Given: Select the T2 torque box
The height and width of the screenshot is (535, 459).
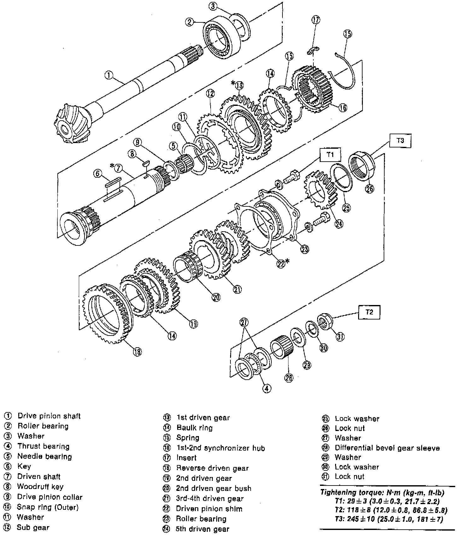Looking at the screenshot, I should tap(369, 312).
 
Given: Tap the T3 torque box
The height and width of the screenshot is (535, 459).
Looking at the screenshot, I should tap(400, 141).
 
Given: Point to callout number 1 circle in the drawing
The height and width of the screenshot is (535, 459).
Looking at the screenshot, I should tap(108, 75).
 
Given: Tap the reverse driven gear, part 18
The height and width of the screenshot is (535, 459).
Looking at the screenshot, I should tap(107, 315).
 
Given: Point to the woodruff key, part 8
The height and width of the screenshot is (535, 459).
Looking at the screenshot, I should tap(146, 163).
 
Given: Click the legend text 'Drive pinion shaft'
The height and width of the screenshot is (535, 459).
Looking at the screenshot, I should tap(49, 416).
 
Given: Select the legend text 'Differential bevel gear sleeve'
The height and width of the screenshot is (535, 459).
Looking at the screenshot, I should tap(387, 448).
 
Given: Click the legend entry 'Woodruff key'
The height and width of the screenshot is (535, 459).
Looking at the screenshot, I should tap(40, 486).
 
